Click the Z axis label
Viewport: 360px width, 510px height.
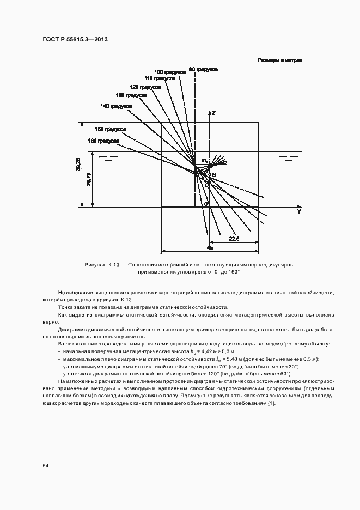(214, 113)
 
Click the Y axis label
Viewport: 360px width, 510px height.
(298, 211)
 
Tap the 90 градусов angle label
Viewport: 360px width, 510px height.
(203, 70)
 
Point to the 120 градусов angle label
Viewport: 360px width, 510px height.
(145, 87)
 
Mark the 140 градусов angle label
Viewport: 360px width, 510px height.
(116, 105)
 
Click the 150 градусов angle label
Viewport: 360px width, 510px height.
(111, 129)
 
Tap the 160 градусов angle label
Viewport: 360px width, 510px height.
(103, 141)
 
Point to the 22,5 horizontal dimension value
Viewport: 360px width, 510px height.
(234, 238)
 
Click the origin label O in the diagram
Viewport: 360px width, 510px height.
(205, 204)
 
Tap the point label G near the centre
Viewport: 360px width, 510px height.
(213, 174)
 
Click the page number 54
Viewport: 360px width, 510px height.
(46, 466)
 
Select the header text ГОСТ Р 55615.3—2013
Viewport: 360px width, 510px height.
(75, 40)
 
